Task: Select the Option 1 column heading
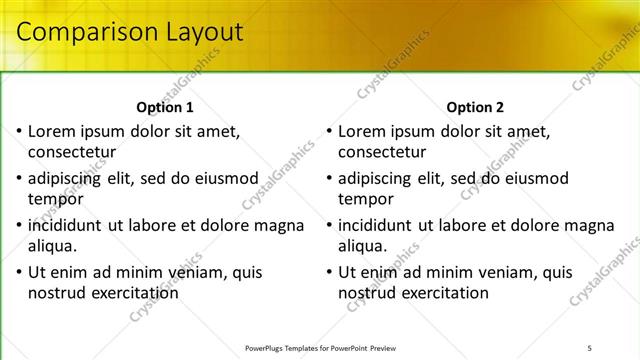coord(164,107)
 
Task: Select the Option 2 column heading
coord(476,107)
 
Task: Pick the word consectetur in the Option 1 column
coord(72,152)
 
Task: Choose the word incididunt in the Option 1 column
coord(68,225)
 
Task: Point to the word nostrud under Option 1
coord(57,293)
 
